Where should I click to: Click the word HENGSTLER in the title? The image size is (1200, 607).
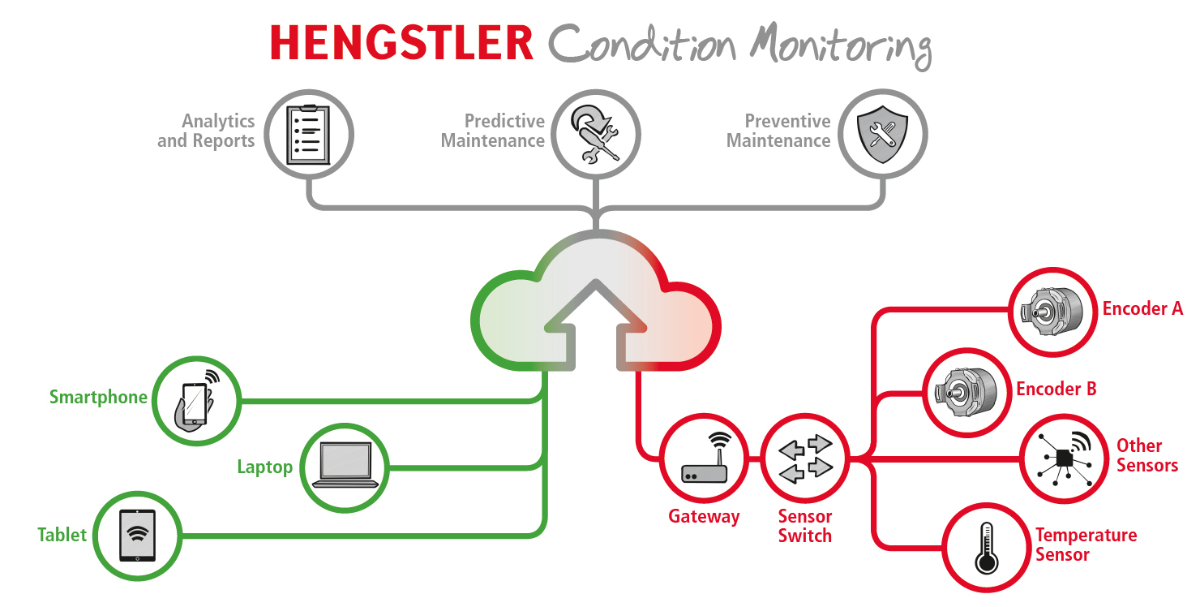(401, 42)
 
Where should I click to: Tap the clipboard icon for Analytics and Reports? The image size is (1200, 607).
(310, 134)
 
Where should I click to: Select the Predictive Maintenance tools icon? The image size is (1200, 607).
(596, 134)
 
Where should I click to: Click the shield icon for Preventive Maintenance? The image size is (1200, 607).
(882, 134)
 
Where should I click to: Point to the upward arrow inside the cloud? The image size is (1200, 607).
(596, 321)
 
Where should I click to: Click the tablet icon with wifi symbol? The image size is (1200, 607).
(138, 535)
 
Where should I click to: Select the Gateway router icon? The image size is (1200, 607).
(704, 459)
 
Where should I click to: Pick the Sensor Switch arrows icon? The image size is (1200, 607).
(805, 459)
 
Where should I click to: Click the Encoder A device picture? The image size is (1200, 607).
(1052, 312)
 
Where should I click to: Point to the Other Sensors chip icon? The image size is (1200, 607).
(1064, 459)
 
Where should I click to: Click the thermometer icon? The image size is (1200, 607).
(986, 547)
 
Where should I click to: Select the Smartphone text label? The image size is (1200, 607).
(98, 398)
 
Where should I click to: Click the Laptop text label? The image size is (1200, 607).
(264, 467)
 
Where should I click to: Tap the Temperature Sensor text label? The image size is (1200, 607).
(1086, 545)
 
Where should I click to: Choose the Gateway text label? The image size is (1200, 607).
(704, 517)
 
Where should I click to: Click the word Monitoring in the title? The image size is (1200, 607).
(840, 45)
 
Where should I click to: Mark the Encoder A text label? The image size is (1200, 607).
(1142, 309)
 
